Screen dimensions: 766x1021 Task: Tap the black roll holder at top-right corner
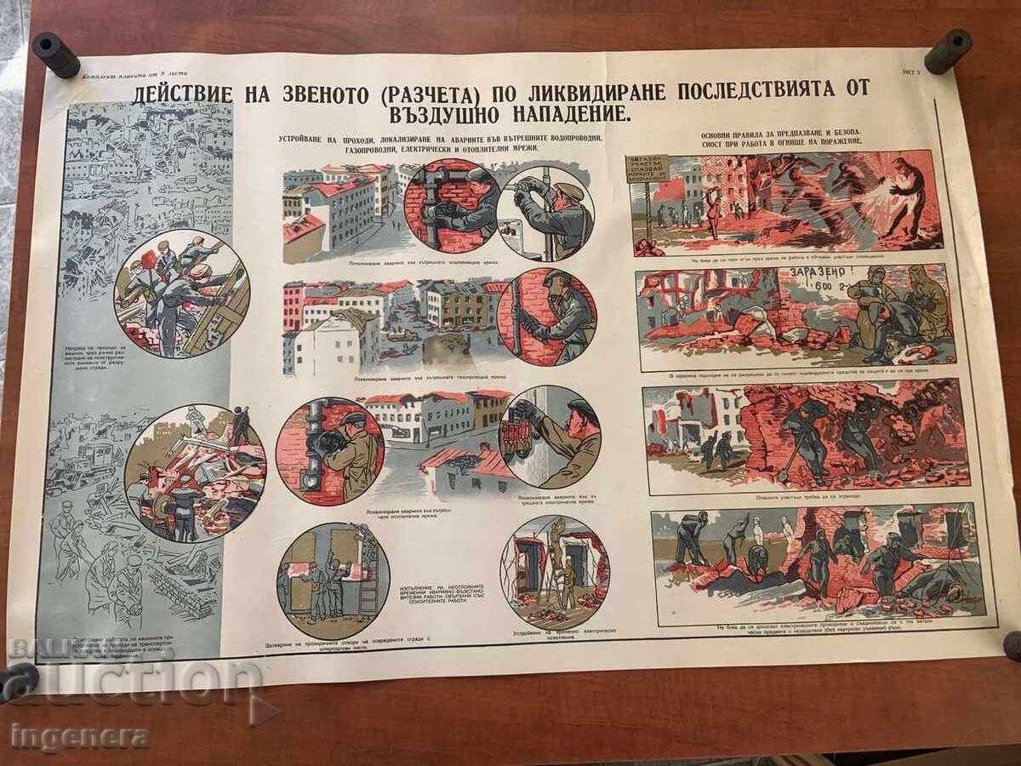tap(948, 51)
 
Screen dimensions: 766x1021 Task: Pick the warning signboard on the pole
tap(647, 169)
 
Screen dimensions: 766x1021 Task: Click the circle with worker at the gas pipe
tap(547, 317)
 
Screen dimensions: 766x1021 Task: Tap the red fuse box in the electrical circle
tap(517, 437)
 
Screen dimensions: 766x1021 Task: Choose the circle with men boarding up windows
tap(333, 580)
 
